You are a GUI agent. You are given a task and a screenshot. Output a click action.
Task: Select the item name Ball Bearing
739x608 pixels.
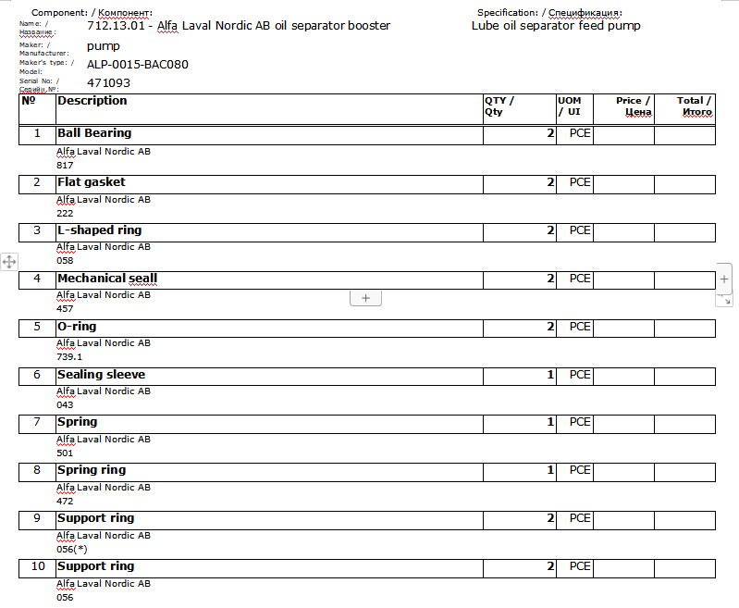(x=94, y=133)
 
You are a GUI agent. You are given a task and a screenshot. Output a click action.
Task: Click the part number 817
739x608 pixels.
(x=65, y=165)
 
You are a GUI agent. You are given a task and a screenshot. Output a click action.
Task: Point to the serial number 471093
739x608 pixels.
(x=108, y=83)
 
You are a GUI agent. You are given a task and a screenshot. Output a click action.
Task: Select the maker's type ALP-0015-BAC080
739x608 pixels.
(x=138, y=65)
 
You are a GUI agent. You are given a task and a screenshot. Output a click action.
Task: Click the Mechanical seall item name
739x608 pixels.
(x=107, y=279)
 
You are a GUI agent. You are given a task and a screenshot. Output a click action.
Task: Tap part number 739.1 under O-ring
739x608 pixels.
(x=69, y=356)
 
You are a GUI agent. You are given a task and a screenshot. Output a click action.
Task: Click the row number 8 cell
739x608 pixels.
(x=37, y=470)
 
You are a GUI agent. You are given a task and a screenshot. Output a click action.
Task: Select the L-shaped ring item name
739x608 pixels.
(x=100, y=230)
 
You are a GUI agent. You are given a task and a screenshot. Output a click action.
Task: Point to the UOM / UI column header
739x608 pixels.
(x=570, y=105)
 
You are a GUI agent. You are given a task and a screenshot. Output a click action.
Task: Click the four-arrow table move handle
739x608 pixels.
(x=9, y=262)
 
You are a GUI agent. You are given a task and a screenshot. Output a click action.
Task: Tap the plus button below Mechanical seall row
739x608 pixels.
(x=365, y=297)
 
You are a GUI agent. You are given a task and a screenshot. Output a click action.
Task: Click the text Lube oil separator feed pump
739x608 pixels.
(x=556, y=26)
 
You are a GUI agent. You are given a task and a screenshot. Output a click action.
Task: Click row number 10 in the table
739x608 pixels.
(x=38, y=566)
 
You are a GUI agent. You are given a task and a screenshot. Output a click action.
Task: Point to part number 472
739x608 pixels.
(x=65, y=501)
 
